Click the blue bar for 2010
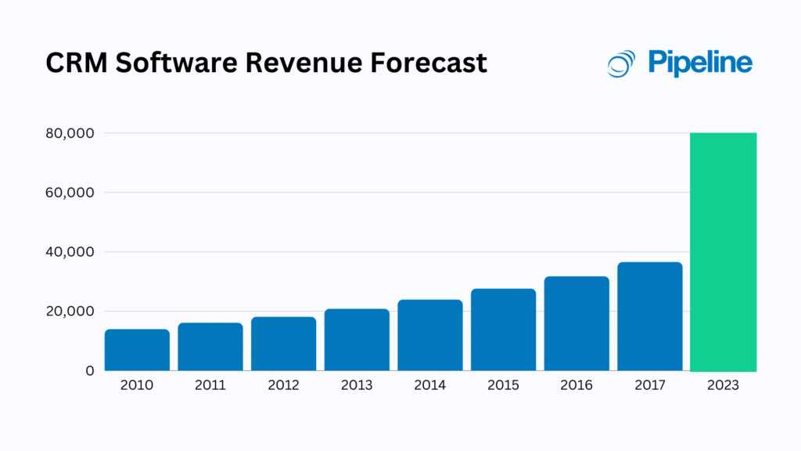coord(137,350)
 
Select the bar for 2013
coord(357,340)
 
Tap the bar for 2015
coord(503,330)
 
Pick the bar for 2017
coord(649,316)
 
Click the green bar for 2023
coord(723,252)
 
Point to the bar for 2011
coord(210,347)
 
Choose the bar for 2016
coord(577,323)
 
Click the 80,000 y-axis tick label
coord(70,133)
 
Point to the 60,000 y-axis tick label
coord(70,193)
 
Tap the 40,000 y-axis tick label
coord(70,252)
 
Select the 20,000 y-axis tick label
coord(70,312)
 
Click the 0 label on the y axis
coord(90,370)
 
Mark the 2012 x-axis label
coord(283,386)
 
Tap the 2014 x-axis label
coord(429,386)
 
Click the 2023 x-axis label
coord(723,386)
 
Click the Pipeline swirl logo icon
coord(622,63)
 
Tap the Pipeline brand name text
coord(699,63)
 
